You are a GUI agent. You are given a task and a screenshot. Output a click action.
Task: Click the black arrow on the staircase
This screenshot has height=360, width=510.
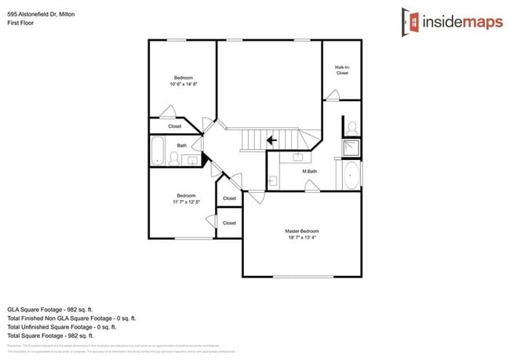[x=271, y=141]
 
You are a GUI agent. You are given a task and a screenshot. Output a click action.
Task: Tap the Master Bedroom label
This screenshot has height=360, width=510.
[x=301, y=231]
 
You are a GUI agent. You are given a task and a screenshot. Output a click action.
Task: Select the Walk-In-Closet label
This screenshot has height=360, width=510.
[x=341, y=70]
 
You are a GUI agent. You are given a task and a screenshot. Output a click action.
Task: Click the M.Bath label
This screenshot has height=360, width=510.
[x=309, y=171]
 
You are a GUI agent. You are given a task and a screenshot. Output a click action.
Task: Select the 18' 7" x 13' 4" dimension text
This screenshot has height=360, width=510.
[x=301, y=238]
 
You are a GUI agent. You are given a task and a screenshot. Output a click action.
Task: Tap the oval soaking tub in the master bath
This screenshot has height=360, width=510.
[x=350, y=176]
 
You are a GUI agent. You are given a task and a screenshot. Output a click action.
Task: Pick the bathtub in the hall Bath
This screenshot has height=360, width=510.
[x=157, y=151]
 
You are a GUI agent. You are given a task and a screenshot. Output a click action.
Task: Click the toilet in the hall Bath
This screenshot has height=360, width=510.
[x=173, y=160]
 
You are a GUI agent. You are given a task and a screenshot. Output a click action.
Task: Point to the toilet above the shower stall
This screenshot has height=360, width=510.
[x=352, y=126]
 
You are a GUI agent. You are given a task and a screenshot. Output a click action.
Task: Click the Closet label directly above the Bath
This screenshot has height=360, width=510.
[x=175, y=126]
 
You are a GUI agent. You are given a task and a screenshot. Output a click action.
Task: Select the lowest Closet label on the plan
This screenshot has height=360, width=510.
[x=229, y=223]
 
